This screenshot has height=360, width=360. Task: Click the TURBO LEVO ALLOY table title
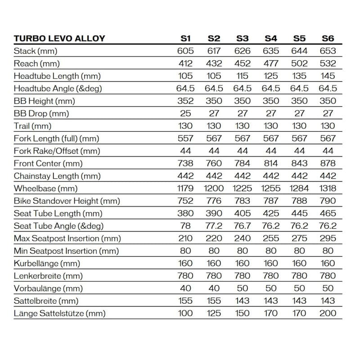point(59,38)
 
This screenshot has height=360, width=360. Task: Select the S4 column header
point(271,38)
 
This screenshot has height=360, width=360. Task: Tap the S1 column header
point(185,38)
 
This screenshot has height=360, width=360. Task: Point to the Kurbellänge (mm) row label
point(53,263)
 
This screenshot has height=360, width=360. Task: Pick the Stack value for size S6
point(328,51)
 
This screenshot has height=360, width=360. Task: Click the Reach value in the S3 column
point(242,63)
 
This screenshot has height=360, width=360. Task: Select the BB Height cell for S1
point(185,101)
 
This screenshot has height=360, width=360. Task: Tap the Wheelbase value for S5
point(299,189)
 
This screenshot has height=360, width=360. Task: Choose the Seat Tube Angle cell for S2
point(214,226)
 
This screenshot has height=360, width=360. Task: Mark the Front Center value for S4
point(271,163)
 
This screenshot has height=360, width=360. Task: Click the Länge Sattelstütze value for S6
point(328,313)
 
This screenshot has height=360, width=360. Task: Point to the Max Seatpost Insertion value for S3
point(242,238)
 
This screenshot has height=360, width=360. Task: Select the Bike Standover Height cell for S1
point(185,201)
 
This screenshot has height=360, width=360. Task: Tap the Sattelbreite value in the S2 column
point(214,301)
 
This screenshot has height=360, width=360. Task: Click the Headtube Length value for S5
point(299,76)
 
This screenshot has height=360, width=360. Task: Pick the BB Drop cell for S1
point(185,113)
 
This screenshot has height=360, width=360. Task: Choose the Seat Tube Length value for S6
point(328,213)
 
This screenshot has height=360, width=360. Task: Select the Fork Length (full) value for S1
point(185,139)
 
